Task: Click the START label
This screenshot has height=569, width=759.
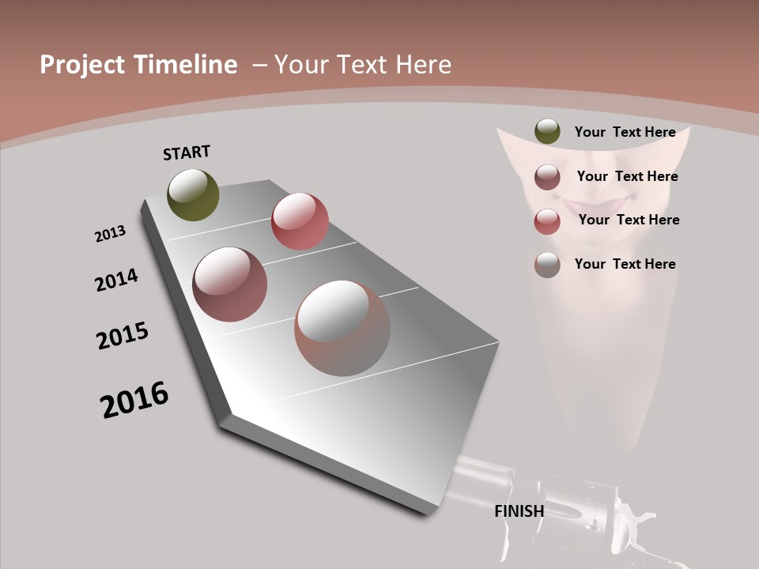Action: (187, 153)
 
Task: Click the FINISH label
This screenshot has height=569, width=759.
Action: (519, 511)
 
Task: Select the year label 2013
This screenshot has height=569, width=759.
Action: (111, 234)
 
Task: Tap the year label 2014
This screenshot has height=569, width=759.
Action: (117, 280)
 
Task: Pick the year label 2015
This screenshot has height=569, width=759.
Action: (123, 336)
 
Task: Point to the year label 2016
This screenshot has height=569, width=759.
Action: (134, 400)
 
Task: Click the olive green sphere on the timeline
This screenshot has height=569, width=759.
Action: (194, 194)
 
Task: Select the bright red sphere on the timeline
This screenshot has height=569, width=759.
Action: (300, 220)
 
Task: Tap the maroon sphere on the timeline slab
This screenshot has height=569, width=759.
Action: (230, 284)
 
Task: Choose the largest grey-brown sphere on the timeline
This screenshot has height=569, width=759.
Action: (342, 328)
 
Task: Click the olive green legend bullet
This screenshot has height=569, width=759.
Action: (547, 132)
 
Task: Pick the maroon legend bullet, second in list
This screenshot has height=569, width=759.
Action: (547, 177)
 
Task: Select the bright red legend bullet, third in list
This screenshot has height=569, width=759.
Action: (547, 221)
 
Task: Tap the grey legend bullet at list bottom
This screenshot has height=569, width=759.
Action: (547, 265)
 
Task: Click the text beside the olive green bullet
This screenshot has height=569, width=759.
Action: (625, 132)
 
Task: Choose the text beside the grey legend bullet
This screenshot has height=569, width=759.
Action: (625, 264)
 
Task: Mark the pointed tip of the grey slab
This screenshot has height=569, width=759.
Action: (225, 416)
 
